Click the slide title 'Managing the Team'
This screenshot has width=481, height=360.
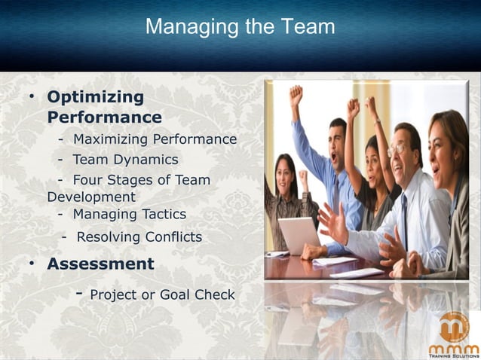(x=240, y=28)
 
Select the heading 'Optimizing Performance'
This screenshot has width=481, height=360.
(x=104, y=107)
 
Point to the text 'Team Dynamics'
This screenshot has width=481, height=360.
(x=125, y=160)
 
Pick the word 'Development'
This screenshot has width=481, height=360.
(x=91, y=197)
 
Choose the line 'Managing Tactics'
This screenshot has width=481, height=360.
(x=129, y=215)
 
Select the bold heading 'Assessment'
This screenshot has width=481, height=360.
(x=100, y=264)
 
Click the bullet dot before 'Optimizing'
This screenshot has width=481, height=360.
(x=32, y=98)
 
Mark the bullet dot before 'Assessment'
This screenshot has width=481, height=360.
(x=32, y=264)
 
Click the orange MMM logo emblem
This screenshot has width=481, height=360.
(x=454, y=327)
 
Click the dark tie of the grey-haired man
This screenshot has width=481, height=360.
(x=405, y=214)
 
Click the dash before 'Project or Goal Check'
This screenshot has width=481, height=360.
(x=78, y=293)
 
